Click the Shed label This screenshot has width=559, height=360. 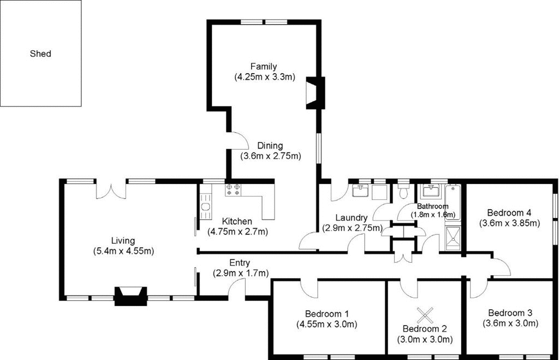tap(40, 54)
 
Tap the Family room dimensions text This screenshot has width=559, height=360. tap(265, 76)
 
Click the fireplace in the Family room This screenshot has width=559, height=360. tap(315, 93)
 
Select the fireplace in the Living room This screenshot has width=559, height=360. tap(130, 296)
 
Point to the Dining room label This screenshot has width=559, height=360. tap(270, 145)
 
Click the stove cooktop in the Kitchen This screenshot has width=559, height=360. tap(233, 190)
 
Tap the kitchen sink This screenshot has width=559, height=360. tap(206, 206)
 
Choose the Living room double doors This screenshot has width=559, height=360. tap(111, 191)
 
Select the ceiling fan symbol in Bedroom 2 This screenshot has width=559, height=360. tap(425, 315)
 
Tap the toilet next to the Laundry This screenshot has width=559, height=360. tap(403, 191)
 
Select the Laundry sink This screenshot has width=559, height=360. tap(360, 191)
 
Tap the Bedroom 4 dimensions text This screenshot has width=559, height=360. tap(509, 223)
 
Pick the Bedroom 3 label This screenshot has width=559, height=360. tap(510, 313)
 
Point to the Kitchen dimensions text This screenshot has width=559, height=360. tap(237, 232)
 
